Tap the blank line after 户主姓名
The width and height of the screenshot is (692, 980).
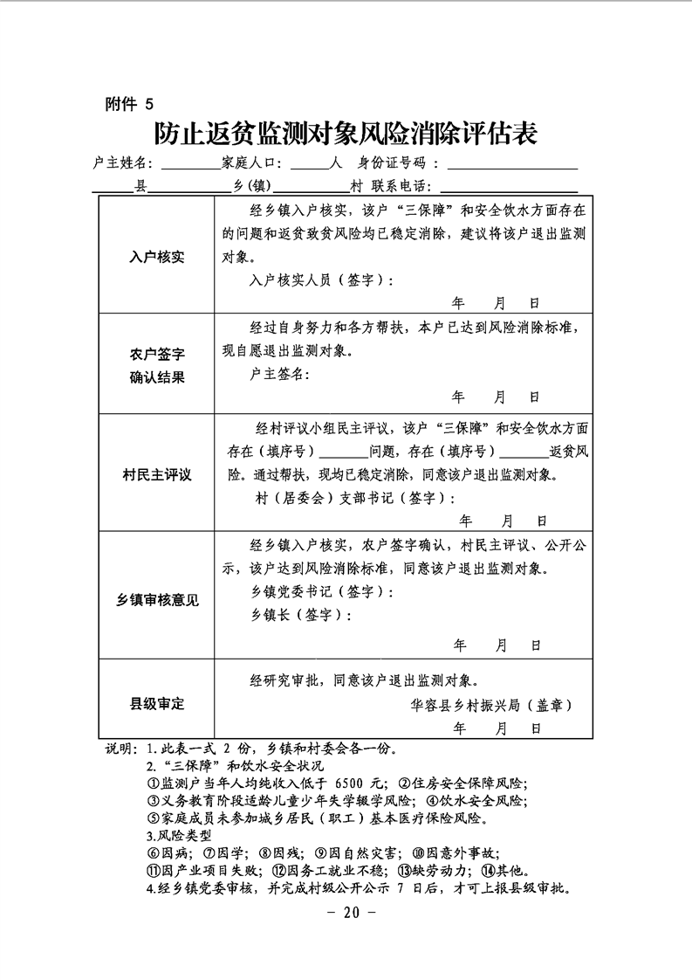pos(190,165)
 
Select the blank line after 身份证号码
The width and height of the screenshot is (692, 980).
pos(512,165)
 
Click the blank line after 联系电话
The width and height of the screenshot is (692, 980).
pos(509,189)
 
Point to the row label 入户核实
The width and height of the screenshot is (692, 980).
pos(156,257)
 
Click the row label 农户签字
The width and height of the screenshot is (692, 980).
pos(156,354)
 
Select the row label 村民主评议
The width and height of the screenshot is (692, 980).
pos(156,475)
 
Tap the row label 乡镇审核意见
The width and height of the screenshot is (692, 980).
pos(156,600)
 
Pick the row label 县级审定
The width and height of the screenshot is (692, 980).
pos(156,703)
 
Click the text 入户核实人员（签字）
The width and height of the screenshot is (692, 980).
pos(320,280)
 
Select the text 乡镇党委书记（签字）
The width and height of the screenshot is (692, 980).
pos(320,592)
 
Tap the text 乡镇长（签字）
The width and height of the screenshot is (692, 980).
pos(301,615)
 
